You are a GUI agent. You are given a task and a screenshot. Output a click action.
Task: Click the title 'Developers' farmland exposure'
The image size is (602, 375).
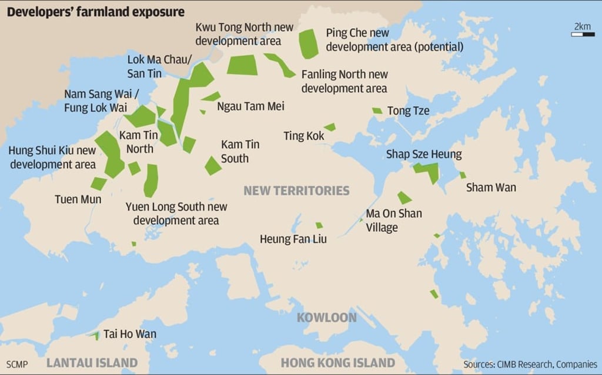click(95, 12)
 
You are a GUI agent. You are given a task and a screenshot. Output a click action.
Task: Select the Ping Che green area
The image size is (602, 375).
click(308, 43)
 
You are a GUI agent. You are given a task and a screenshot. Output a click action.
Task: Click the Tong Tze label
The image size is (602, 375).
click(408, 111)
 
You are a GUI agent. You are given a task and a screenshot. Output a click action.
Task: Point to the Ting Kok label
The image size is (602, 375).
click(303, 136)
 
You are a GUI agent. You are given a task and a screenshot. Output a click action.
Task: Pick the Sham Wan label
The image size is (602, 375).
click(491, 188)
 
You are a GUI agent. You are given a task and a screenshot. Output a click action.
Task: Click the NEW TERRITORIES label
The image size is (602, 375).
click(296, 191)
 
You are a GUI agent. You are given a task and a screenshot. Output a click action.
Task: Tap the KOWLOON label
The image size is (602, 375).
click(326, 317)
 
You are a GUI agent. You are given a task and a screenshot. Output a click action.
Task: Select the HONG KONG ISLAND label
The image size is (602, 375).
click(337, 362)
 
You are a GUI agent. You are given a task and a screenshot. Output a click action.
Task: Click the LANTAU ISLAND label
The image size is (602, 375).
click(92, 362)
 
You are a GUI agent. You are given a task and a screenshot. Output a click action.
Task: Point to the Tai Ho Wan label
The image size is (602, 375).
click(130, 335)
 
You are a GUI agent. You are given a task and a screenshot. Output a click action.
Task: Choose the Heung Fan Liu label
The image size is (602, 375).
click(293, 239)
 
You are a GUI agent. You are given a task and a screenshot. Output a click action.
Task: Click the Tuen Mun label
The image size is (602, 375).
click(78, 200)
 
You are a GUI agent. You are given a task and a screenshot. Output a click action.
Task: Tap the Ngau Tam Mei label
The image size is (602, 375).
click(250, 106)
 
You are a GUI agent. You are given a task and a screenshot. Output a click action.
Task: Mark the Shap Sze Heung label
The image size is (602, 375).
click(423, 154)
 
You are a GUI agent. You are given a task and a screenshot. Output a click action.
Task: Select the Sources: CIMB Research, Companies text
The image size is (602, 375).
click(530, 364)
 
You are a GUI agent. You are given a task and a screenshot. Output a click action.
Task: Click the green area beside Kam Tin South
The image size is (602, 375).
click(213, 166)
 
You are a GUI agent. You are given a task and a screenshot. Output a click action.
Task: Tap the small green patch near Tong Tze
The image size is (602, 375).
click(377, 110)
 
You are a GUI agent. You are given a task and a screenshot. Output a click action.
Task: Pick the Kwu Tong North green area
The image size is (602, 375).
click(242, 65)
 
